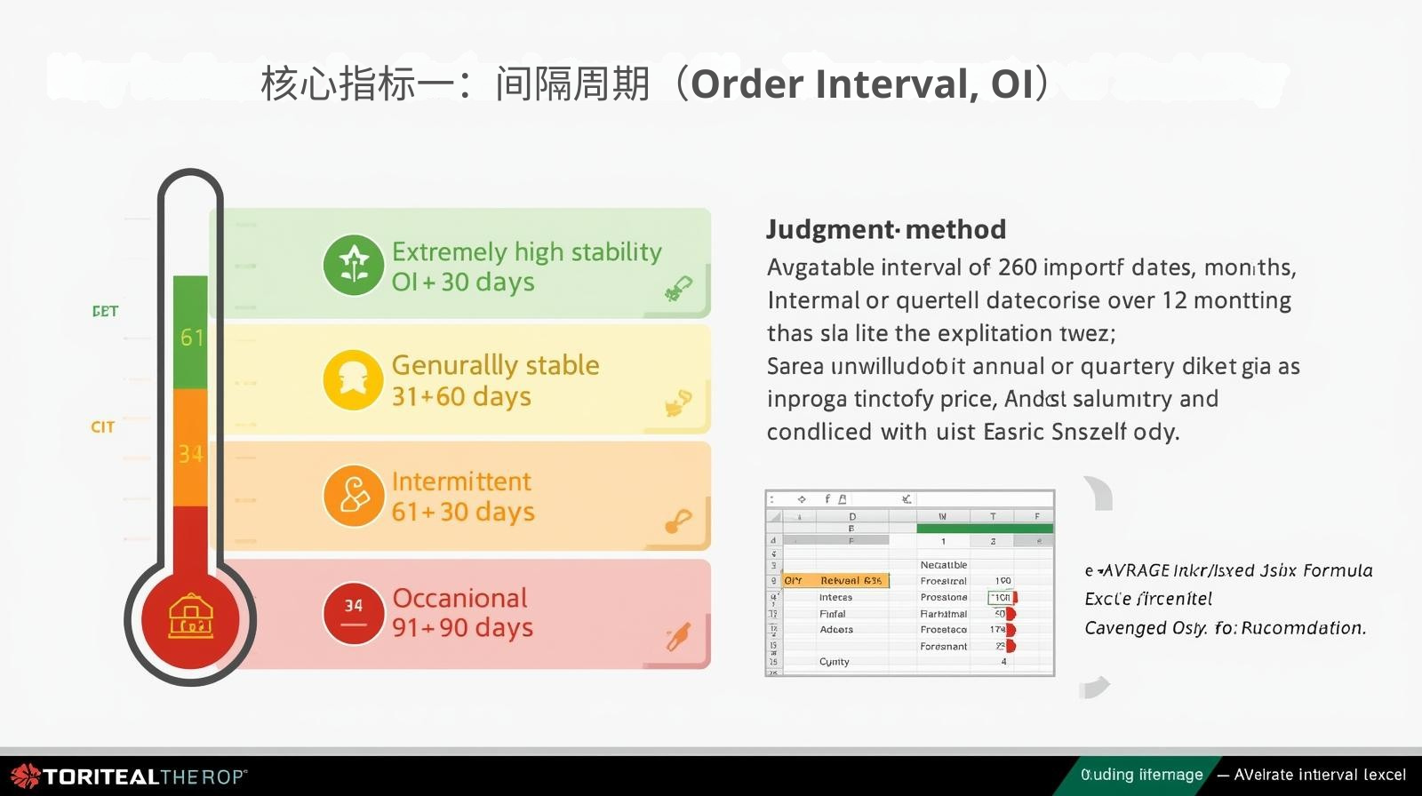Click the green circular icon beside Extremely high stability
[354, 265]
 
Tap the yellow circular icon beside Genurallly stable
[353, 380]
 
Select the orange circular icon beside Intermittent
[354, 496]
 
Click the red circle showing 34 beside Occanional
[354, 613]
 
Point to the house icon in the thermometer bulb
[191, 617]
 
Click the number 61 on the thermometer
[192, 338]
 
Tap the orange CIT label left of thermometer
[103, 427]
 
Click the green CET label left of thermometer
[105, 312]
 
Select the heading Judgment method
[886, 229]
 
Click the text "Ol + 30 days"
[463, 283]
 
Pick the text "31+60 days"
[461, 396]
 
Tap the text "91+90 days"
[462, 627]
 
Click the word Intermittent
[461, 482]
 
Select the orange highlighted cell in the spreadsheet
[835, 581]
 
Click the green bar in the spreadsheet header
[984, 529]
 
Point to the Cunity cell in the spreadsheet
[834, 662]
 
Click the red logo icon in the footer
[25, 776]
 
